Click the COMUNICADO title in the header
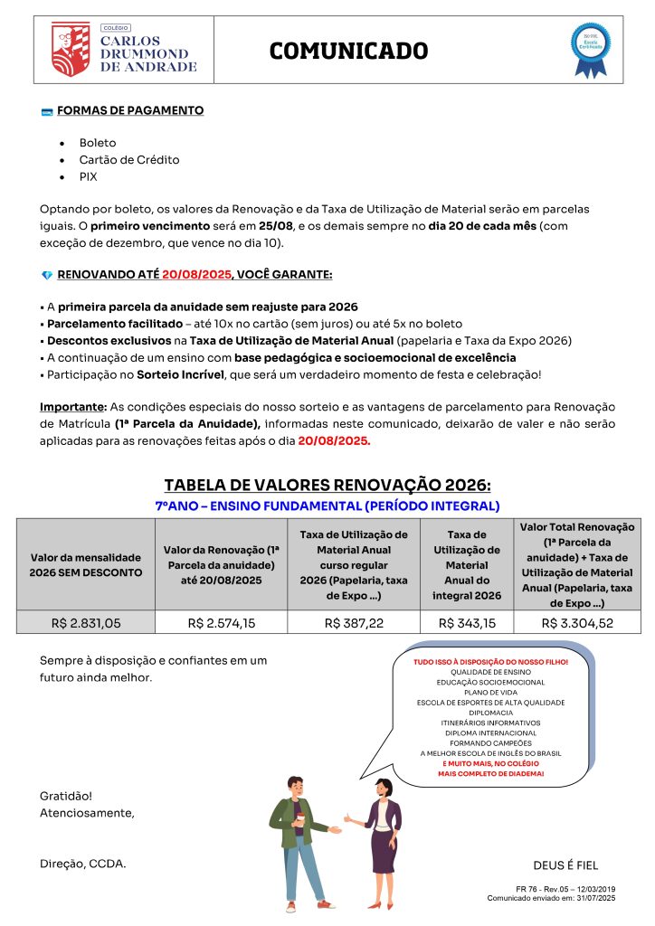(x=348, y=51)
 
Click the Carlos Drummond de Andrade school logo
(x=124, y=50)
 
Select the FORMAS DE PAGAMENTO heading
(x=130, y=111)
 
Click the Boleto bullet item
(x=98, y=143)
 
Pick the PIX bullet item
(x=89, y=177)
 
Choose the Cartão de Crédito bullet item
(x=129, y=160)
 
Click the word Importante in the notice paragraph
(x=73, y=406)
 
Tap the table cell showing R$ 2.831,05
(x=86, y=622)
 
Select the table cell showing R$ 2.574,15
(x=221, y=622)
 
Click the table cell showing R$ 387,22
(x=354, y=622)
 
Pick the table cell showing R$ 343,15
(x=467, y=622)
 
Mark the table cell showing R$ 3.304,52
(x=577, y=622)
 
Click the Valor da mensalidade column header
(x=86, y=565)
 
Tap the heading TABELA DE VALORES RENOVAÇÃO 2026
(x=327, y=486)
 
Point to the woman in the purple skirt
(x=381, y=836)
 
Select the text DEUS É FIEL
(x=565, y=865)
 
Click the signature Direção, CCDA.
(x=83, y=864)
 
